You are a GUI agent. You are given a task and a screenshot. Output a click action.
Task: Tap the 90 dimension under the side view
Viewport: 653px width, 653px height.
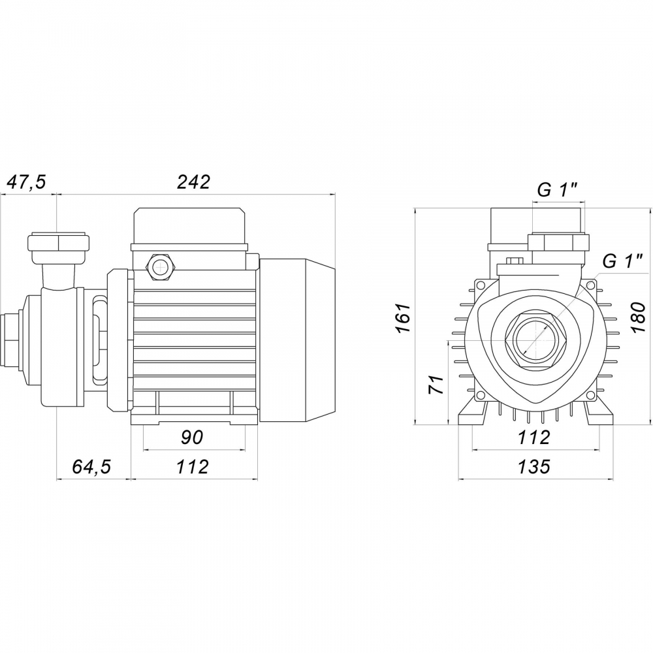click(x=193, y=437)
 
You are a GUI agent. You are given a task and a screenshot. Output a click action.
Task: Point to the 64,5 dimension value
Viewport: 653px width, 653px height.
click(x=91, y=467)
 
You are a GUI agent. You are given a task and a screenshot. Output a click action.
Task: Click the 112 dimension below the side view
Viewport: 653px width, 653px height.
click(x=193, y=467)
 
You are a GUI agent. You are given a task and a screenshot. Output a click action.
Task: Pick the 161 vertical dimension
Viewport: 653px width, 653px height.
click(x=404, y=319)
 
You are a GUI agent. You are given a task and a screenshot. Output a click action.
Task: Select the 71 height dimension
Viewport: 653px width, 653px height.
click(x=436, y=384)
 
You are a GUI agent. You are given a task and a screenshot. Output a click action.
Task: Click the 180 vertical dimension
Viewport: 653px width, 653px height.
click(x=639, y=319)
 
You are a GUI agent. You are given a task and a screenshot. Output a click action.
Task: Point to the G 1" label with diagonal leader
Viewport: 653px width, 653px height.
click(x=622, y=261)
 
